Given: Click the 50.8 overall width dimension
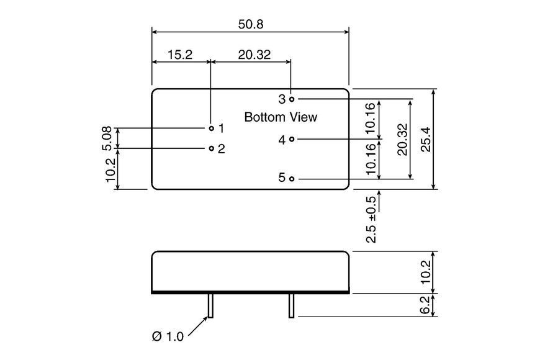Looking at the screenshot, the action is [x=251, y=24].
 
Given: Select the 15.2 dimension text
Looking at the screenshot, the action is [x=180, y=55].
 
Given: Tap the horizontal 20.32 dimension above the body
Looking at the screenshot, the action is [x=254, y=55].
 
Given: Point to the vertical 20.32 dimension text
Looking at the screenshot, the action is [x=402, y=140].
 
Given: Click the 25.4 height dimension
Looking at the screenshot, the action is [x=426, y=139].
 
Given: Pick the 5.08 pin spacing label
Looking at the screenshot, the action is [x=107, y=138].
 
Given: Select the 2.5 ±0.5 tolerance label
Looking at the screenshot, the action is [x=372, y=220].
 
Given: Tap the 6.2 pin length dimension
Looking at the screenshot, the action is [x=426, y=305].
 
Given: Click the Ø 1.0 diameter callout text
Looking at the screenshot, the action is [x=168, y=336].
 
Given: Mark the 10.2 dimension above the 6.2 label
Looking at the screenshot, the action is [x=426, y=272].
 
